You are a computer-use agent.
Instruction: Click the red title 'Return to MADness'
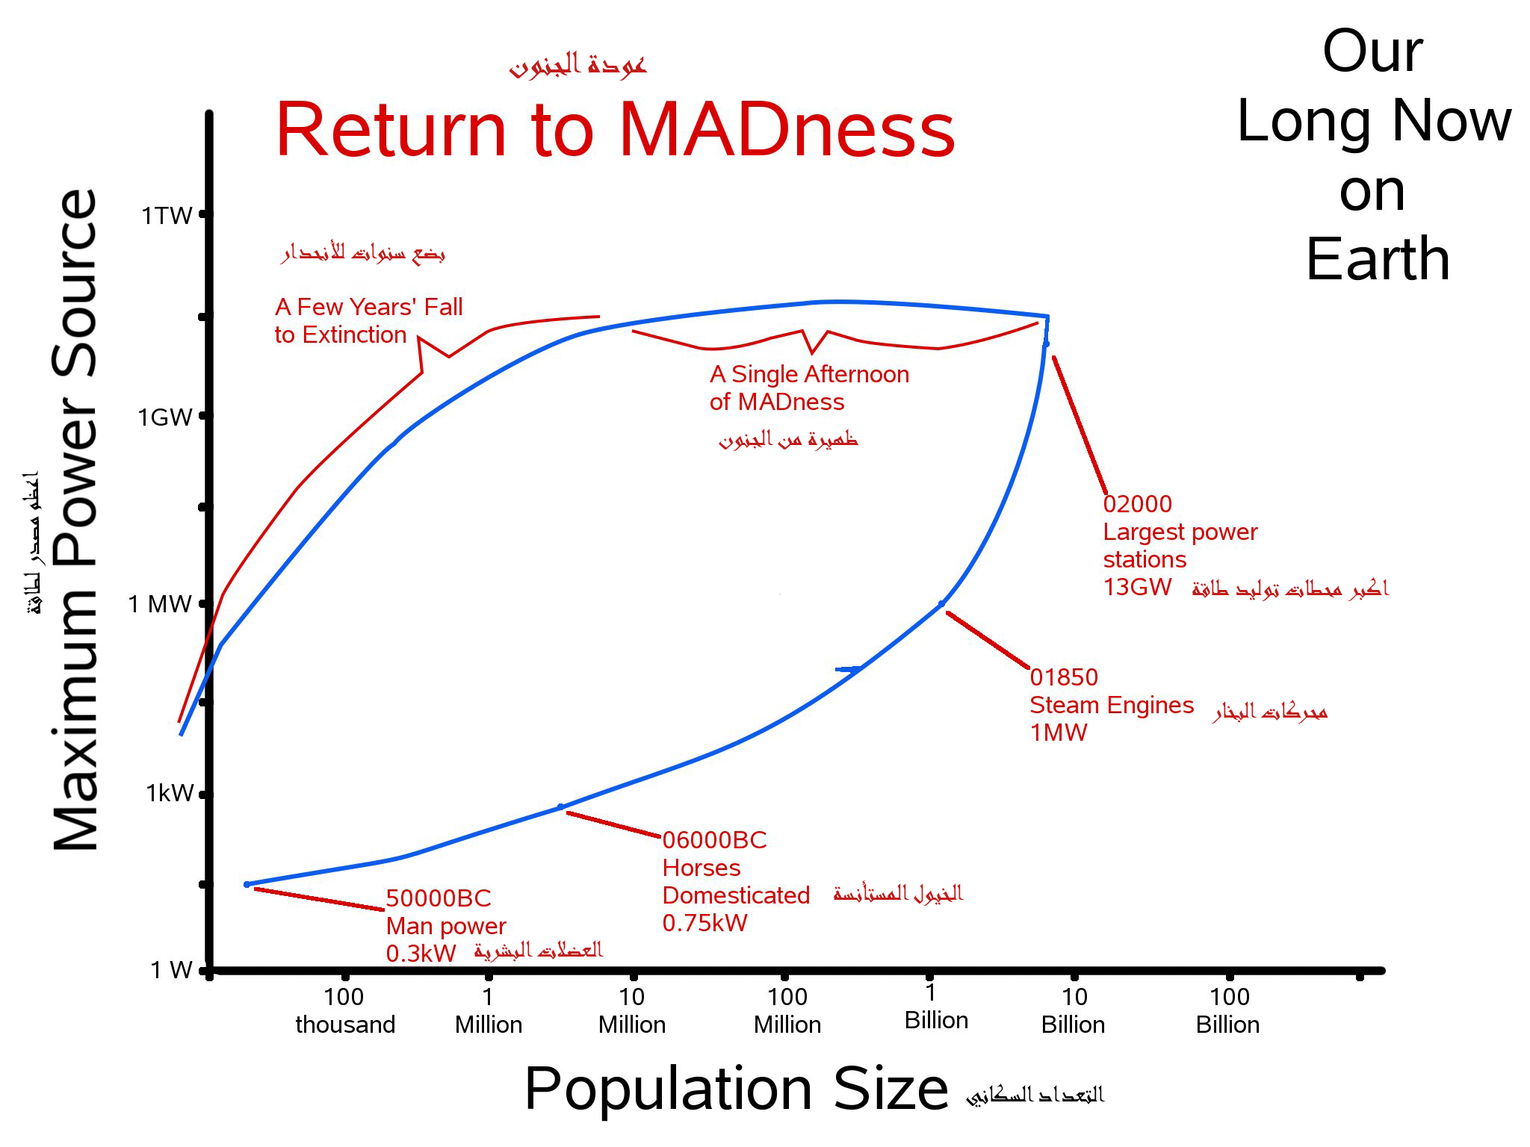point(615,131)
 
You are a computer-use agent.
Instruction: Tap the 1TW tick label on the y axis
point(167,216)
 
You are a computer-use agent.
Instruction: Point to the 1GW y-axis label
point(165,417)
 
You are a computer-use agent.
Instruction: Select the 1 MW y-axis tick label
point(160,603)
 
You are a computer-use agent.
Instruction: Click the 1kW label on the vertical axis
point(169,793)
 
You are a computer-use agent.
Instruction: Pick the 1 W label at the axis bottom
point(171,969)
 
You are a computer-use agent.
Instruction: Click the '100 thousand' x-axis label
point(345,1010)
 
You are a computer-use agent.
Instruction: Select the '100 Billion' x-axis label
point(1228,1010)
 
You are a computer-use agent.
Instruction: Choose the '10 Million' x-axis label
point(632,1010)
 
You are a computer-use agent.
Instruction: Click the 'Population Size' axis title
point(736,1089)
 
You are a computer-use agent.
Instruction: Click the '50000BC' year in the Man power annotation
point(439,898)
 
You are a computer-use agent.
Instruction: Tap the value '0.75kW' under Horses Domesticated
point(704,923)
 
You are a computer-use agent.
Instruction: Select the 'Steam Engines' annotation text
point(1112,705)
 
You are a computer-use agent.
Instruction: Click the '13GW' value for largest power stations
point(1137,587)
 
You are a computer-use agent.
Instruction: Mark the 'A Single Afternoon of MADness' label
point(809,388)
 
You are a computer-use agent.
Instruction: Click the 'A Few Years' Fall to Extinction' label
point(368,320)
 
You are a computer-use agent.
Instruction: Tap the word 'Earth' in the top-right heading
point(1378,258)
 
